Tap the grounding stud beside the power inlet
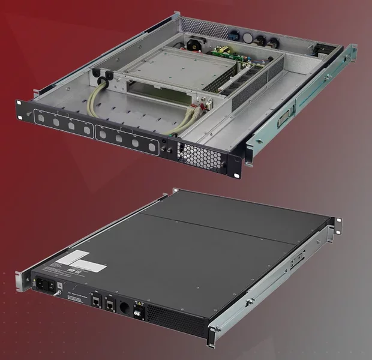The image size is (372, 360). (x=58, y=293)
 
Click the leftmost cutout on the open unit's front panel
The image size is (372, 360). (x=41, y=117)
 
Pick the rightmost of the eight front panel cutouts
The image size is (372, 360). (x=149, y=146)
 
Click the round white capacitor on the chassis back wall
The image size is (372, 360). (x=247, y=37)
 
